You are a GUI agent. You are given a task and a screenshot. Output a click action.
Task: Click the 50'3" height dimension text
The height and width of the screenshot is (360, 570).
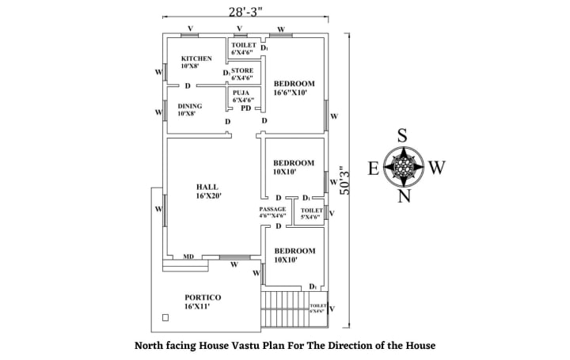coord(344,181)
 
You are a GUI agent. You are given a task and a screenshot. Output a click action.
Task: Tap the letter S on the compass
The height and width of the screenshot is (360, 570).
coord(402,136)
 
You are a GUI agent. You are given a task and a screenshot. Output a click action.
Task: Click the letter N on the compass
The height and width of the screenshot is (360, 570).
coord(405,195)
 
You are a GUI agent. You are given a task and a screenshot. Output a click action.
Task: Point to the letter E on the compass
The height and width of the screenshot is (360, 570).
coord(374,168)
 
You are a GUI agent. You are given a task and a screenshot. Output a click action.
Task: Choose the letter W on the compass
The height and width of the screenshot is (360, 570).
coord(437,168)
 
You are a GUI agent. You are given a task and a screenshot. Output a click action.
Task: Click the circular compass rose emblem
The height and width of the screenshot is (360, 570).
coord(405,166)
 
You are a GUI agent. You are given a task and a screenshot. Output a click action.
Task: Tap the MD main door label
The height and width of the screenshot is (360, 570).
coord(189,256)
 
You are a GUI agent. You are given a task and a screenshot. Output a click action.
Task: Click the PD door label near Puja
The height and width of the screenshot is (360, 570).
coord(246,108)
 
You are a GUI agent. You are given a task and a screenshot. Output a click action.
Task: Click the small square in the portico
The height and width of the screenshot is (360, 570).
coord(165,318)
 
